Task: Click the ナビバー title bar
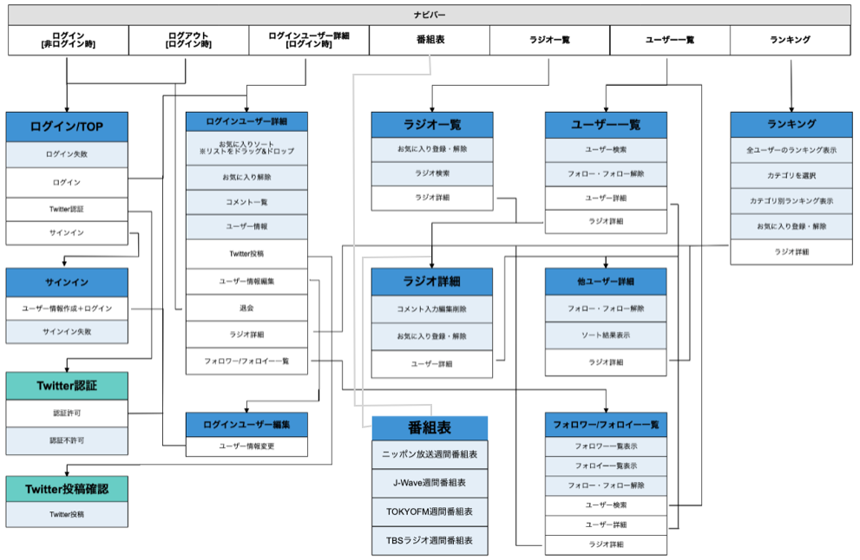430,15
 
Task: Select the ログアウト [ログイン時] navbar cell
188,40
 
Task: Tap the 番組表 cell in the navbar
430,40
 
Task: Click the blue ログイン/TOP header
67,127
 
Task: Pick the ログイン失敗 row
67,154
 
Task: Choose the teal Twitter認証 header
67,386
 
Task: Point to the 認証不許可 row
67,440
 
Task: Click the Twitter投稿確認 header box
67,488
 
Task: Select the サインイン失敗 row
67,332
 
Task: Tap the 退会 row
246,307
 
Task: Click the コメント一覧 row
246,201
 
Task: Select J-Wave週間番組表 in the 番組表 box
430,483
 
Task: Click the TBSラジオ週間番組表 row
430,540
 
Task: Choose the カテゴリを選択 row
791,175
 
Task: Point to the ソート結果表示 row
606,335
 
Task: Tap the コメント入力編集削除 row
432,309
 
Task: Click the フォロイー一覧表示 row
606,466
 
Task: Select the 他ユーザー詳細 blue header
606,282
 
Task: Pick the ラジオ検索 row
432,174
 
